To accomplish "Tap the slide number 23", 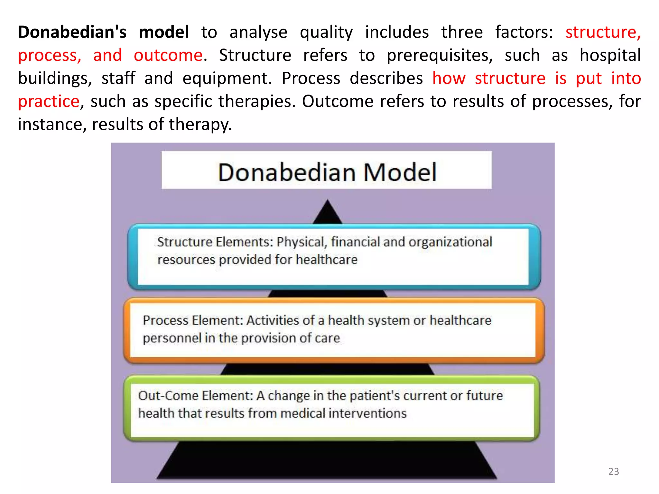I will pyautogui.click(x=613, y=471).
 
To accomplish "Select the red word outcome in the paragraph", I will pyautogui.click(x=168, y=55).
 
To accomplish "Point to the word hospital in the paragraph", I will pyautogui.click(x=610, y=55).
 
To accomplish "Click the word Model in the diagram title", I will pyautogui.click(x=400, y=173).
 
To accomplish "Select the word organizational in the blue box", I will pyautogui.click(x=450, y=242).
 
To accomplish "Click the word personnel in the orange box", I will pyautogui.click(x=172, y=338).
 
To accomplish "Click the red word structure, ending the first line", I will pyautogui.click(x=603, y=32).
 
